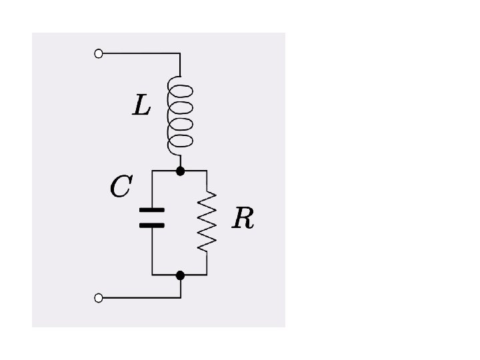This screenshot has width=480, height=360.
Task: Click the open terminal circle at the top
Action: [99, 54]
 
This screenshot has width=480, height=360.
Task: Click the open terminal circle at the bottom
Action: [99, 298]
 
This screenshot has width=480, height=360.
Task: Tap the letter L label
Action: [141, 105]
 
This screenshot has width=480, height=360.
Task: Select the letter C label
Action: [120, 187]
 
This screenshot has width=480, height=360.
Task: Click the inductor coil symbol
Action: [180, 115]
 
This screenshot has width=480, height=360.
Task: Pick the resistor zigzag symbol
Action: [207, 221]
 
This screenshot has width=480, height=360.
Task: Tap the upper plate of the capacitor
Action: [152, 211]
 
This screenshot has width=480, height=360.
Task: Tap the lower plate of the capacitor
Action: [152, 225]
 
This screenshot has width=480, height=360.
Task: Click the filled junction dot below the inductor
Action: [180, 171]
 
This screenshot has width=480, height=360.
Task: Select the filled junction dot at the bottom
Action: [180, 275]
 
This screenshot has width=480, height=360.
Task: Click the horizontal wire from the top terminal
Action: [140, 54]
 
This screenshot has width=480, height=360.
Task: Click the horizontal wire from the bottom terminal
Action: [140, 298]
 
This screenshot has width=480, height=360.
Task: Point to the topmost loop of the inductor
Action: [182, 90]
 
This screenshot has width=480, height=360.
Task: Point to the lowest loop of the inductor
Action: [182, 141]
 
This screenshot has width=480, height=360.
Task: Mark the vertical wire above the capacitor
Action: [152, 190]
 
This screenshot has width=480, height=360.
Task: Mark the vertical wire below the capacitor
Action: [152, 250]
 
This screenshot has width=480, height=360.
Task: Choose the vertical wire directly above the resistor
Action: [207, 181]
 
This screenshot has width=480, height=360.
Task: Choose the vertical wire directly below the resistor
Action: [207, 263]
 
